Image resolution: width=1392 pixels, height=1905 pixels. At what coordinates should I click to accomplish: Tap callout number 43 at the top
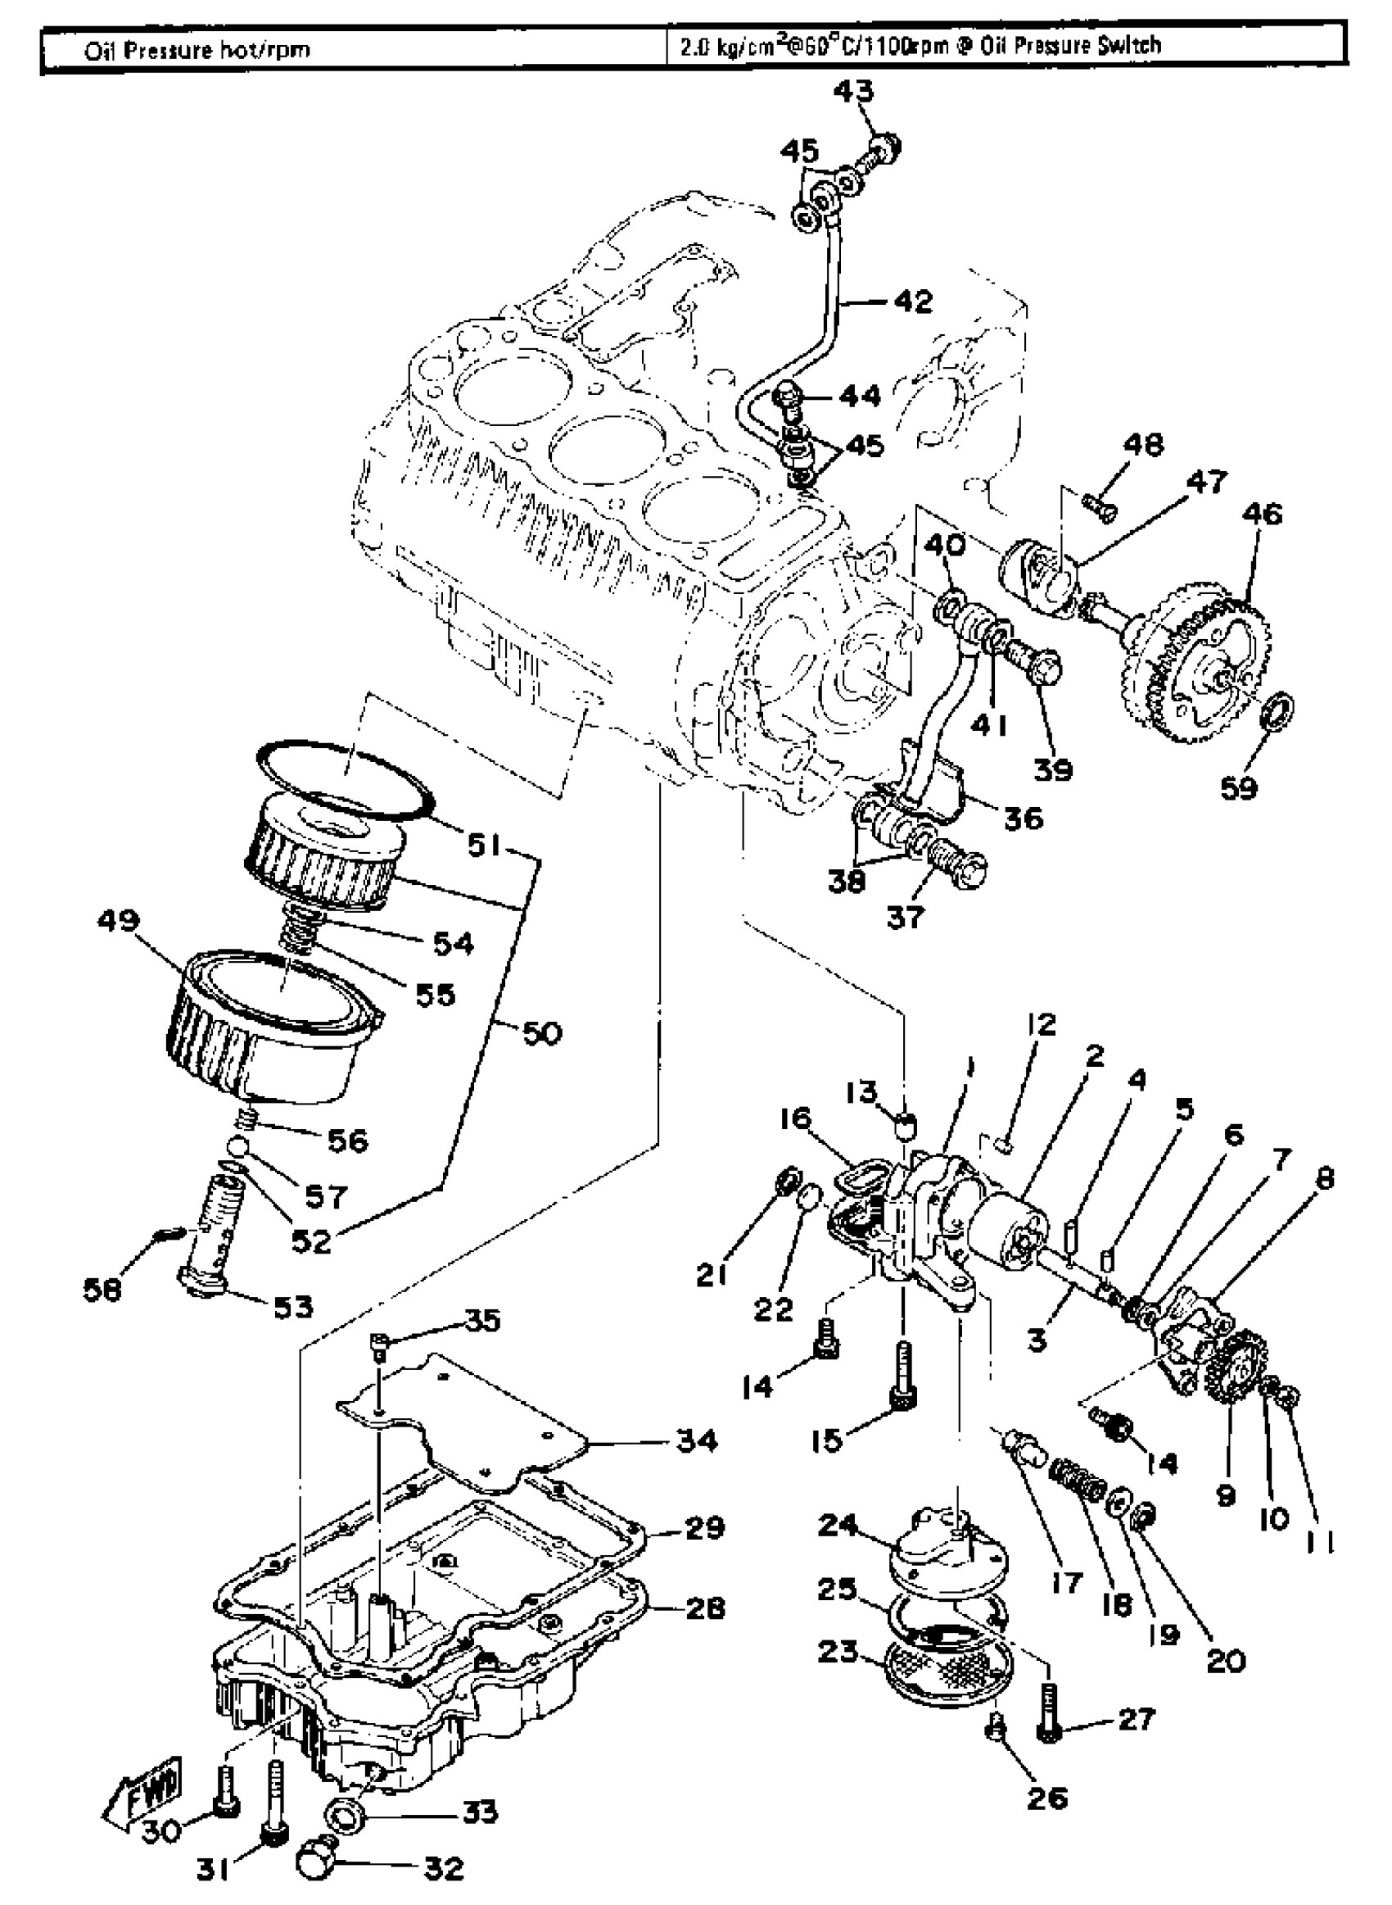coord(853,91)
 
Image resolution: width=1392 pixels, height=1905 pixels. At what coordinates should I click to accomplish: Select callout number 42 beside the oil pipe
coord(915,301)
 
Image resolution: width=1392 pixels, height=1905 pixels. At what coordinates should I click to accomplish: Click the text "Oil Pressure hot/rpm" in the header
coord(197,50)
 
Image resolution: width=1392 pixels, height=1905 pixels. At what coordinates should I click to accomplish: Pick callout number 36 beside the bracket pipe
coord(1023,818)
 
